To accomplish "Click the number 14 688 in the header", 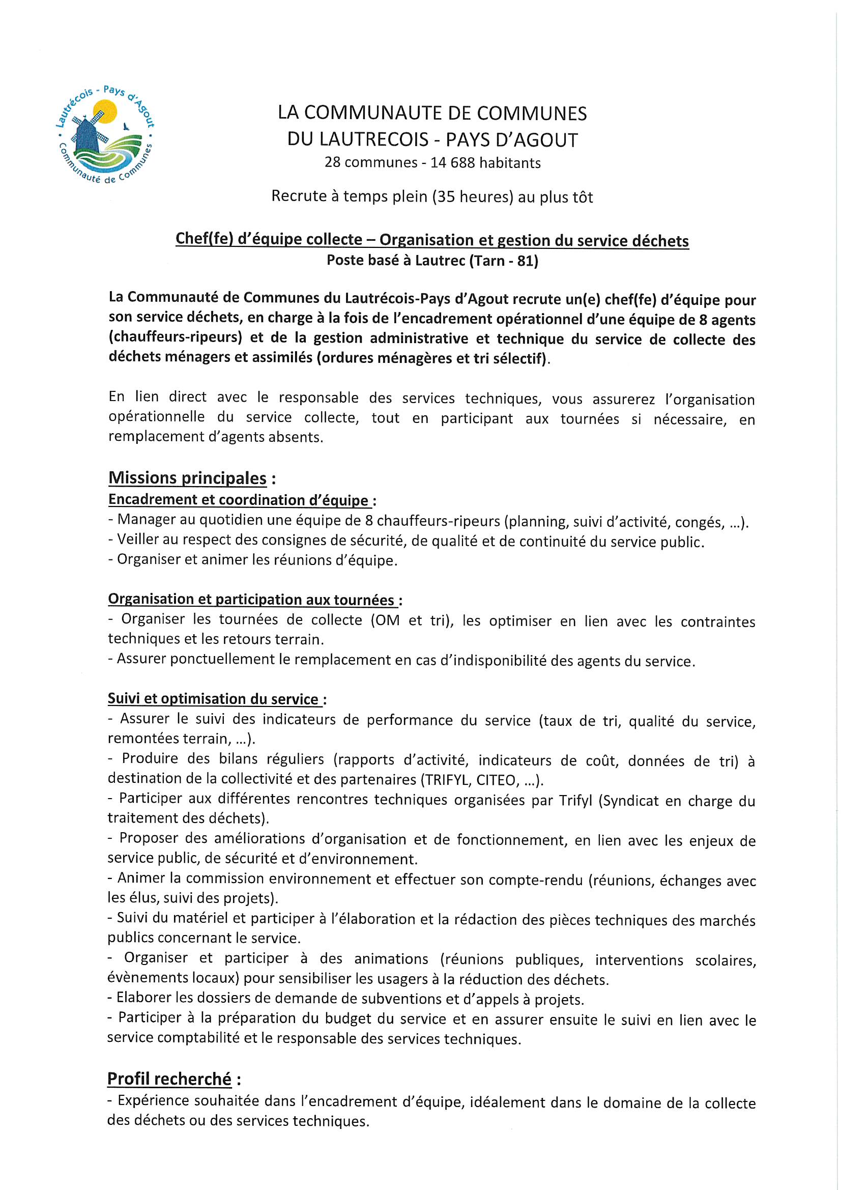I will tap(453, 163).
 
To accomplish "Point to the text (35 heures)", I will tap(473, 197).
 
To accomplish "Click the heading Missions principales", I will tap(187, 478).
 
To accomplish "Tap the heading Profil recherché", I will tap(169, 1079).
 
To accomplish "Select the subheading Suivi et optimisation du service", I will tap(213, 699).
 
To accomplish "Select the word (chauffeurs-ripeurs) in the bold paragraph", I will tap(176, 338).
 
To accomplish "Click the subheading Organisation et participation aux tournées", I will tap(251, 600).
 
